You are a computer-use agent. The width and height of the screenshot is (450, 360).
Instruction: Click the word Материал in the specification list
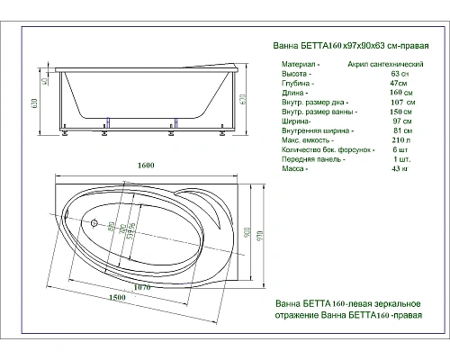pyautogui.click(x=298, y=66)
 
